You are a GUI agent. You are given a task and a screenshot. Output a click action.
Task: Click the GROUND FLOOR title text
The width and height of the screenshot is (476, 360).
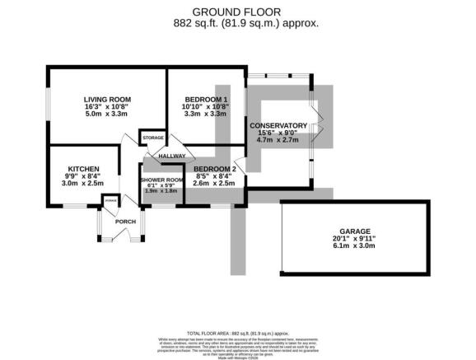tap(238, 12)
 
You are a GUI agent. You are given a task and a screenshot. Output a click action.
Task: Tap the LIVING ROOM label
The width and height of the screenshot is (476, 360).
tap(107, 100)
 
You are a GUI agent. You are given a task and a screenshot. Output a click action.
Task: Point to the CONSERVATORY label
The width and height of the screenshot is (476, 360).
tap(278, 126)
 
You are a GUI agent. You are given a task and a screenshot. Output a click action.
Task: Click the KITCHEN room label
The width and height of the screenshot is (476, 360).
tap(84, 167)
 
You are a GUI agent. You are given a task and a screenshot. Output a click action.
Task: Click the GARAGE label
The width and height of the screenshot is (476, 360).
tap(356, 231)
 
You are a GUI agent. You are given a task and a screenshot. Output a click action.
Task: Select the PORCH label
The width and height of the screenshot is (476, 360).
tap(125, 222)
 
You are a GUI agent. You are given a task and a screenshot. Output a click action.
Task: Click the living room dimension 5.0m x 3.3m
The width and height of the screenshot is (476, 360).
tap(107, 115)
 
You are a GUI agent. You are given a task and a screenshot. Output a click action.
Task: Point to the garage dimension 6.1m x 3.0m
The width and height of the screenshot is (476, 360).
tap(356, 245)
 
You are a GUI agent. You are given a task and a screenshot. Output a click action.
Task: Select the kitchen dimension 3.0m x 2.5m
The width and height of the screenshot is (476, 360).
tap(84, 183)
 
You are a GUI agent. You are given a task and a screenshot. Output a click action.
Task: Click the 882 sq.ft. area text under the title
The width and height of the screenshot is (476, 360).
tap(238, 24)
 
